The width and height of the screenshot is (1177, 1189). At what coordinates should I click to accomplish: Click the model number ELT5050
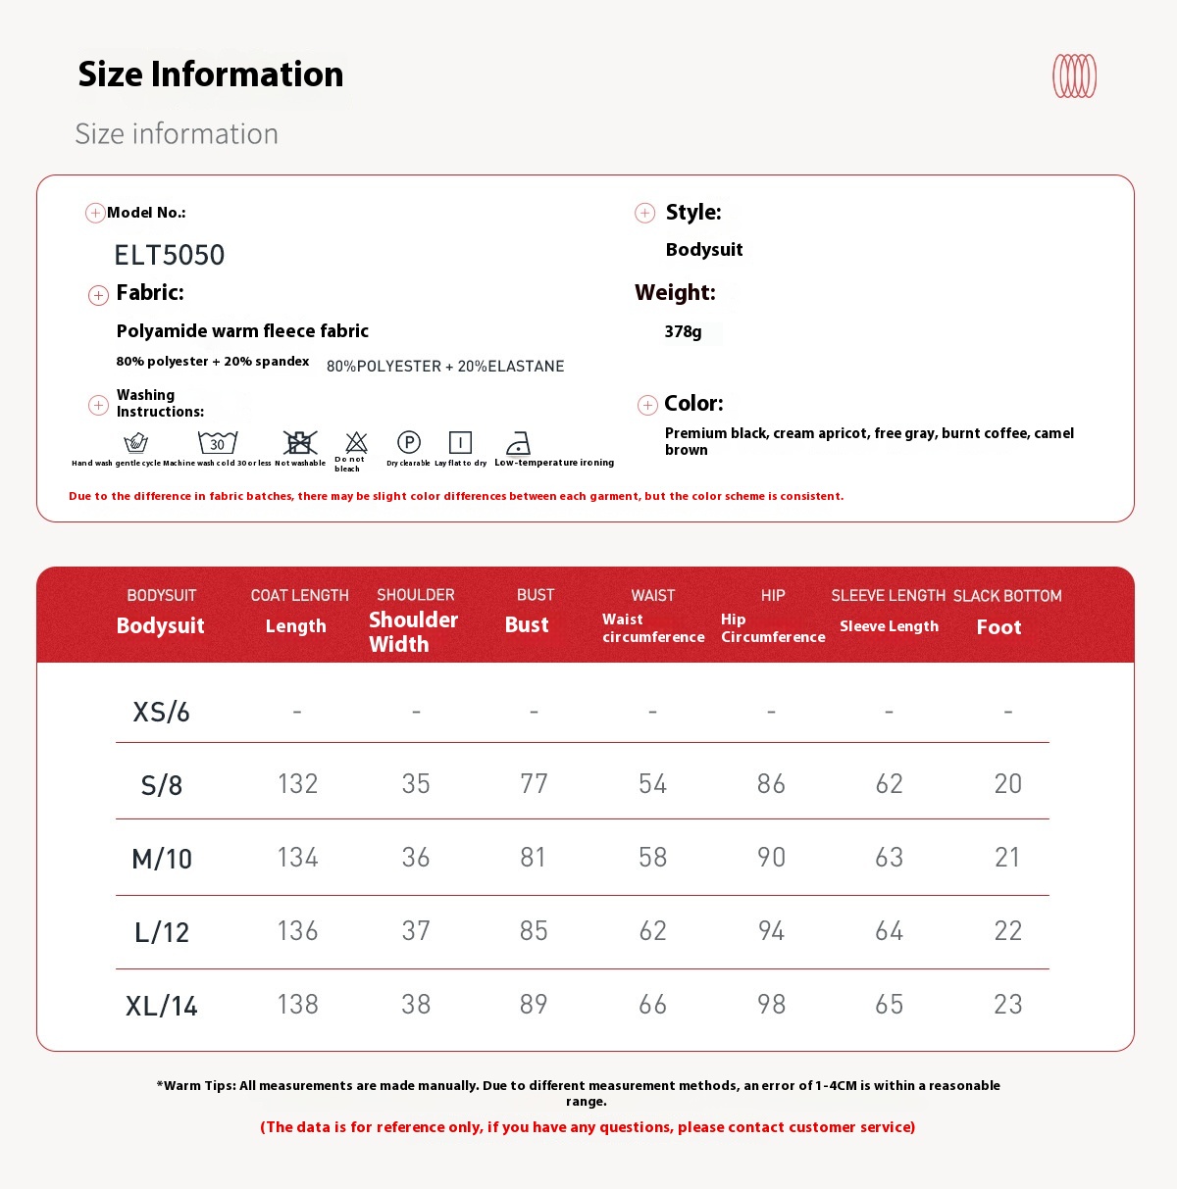(x=170, y=255)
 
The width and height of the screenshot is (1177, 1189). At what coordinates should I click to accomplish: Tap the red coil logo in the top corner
(x=1074, y=76)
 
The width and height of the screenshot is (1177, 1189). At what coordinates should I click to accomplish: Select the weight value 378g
(x=684, y=331)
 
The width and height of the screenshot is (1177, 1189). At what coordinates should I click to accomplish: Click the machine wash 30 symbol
(x=218, y=443)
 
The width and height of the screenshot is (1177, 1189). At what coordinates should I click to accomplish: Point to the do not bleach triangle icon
(x=356, y=443)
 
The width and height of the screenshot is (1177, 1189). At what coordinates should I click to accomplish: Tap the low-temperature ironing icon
(x=518, y=443)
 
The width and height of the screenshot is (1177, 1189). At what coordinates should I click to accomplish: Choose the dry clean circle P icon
(x=409, y=442)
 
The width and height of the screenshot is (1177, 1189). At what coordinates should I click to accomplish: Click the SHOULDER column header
(x=415, y=595)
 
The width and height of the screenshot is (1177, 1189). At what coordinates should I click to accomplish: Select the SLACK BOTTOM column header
(x=1007, y=596)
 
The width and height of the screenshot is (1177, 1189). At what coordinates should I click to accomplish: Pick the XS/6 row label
(x=162, y=712)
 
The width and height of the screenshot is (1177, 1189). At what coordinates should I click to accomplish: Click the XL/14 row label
(x=162, y=1006)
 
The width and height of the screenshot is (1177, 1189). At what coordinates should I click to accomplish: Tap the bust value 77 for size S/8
(x=534, y=783)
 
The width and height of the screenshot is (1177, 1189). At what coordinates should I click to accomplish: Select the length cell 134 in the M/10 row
(x=297, y=858)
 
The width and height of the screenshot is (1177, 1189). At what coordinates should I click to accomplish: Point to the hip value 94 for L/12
(x=771, y=930)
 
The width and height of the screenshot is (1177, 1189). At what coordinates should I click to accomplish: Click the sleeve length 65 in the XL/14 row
(x=889, y=1004)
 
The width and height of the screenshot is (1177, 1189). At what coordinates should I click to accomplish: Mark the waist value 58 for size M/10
(x=652, y=858)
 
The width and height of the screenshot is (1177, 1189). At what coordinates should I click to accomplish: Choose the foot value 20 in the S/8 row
(x=1007, y=783)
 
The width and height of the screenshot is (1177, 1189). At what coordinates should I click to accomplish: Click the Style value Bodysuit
(x=704, y=250)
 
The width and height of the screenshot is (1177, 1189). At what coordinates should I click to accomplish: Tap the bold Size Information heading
(x=211, y=74)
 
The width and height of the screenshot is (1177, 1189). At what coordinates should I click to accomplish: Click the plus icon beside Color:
(x=647, y=405)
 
